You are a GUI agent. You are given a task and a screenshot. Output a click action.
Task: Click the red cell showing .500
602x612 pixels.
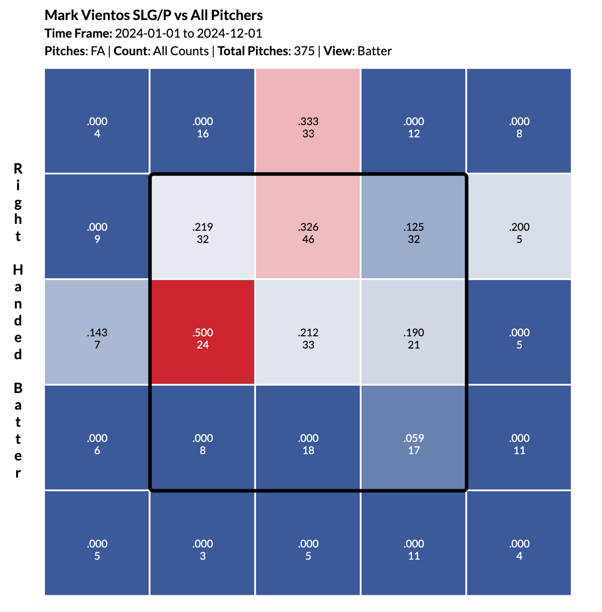click(203, 332)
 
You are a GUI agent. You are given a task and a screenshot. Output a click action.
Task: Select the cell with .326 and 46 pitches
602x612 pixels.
click(308, 226)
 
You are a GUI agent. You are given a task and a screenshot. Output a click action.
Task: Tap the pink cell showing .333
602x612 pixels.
click(308, 121)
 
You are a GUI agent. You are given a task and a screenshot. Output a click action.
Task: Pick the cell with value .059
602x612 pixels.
click(414, 437)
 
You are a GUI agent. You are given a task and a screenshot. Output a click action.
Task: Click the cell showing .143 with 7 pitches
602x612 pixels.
click(97, 332)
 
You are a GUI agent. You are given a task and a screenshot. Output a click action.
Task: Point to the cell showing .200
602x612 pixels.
click(519, 226)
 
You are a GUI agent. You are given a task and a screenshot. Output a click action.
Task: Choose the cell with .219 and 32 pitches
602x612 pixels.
click(203, 226)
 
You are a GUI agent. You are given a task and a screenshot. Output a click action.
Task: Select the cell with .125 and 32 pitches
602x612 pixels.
click(414, 226)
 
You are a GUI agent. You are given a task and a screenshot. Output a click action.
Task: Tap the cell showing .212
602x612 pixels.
click(308, 332)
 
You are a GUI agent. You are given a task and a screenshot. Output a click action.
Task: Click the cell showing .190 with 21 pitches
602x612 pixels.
click(414, 332)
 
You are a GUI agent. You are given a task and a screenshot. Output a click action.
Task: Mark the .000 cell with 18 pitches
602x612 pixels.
click(308, 437)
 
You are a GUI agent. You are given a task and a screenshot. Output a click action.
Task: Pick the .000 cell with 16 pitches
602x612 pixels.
click(203, 121)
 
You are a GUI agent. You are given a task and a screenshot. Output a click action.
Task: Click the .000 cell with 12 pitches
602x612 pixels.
click(414, 121)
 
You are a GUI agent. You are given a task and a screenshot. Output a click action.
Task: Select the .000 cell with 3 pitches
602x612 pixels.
click(203, 543)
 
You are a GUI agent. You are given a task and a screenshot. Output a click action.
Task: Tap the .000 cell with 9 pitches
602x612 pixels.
click(97, 226)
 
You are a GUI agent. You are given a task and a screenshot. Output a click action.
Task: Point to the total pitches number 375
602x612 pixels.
click(304, 51)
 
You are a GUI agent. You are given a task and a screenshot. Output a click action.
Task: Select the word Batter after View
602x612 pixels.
click(374, 51)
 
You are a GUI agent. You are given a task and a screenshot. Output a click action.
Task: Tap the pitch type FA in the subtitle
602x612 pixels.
click(98, 51)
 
